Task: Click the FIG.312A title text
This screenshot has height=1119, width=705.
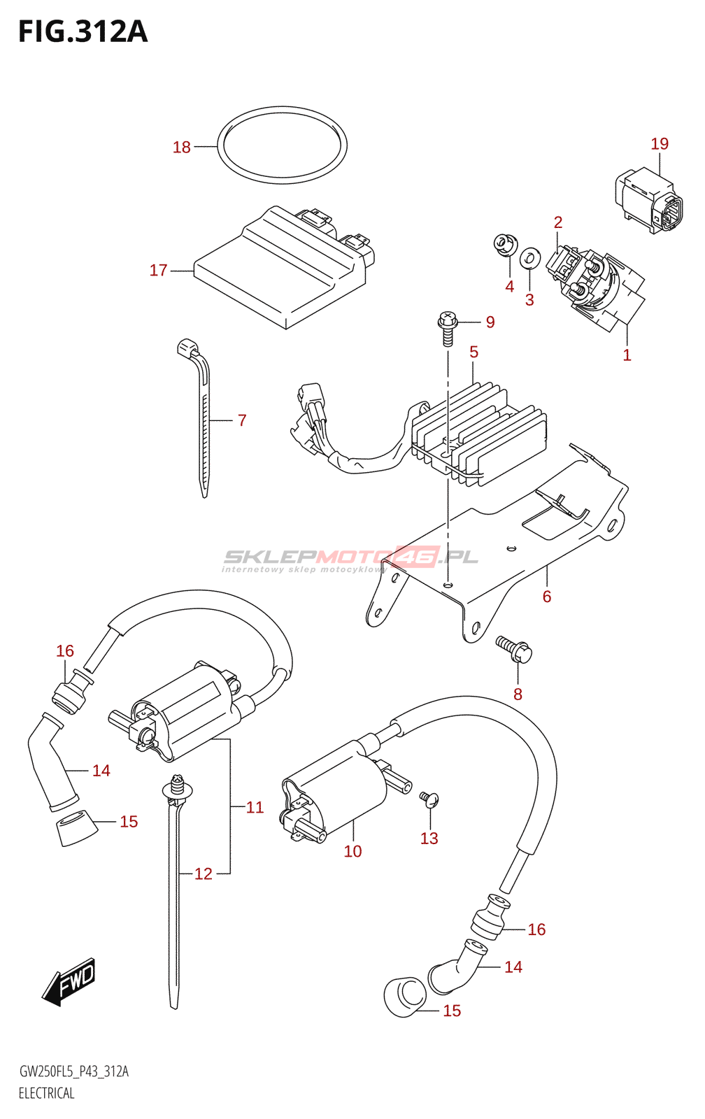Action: coord(83,31)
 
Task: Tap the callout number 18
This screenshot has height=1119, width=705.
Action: coord(182,147)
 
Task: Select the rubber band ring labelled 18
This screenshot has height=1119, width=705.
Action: coord(282,145)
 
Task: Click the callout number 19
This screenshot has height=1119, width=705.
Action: coord(660,144)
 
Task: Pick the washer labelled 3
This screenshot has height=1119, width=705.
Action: coord(529,257)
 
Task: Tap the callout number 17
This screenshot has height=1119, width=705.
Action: coord(158,270)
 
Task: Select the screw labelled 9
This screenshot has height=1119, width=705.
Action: coord(448,328)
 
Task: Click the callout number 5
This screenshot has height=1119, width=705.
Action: coord(473,352)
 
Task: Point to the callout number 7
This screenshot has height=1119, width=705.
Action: coord(242,420)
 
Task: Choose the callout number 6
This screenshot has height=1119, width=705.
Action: coord(547,597)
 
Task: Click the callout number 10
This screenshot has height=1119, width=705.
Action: coord(352,850)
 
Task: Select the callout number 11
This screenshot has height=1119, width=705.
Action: coord(255,807)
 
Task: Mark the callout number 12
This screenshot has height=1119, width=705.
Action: coord(204,874)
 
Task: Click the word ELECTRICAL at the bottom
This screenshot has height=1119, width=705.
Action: coord(46,1094)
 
